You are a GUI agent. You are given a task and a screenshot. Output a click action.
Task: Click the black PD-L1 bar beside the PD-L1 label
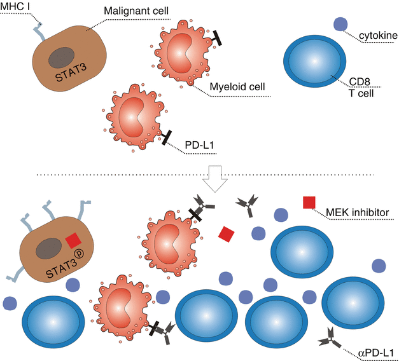click(167, 137)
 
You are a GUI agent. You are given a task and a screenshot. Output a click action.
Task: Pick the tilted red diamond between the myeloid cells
click(226, 235)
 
